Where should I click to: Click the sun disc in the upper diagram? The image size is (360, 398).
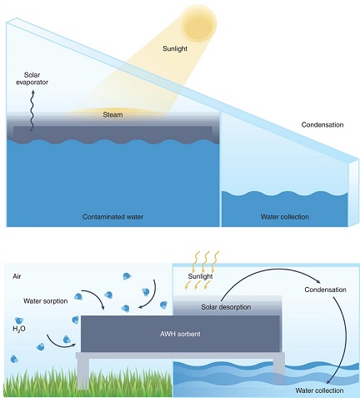199,23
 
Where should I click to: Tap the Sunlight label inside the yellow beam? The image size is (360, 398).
175,48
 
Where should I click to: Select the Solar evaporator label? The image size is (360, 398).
32,78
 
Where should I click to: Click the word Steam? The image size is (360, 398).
112,114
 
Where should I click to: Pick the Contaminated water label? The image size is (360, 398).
112,217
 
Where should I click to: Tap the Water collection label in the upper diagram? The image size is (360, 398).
285,217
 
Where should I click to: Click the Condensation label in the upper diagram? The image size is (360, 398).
322,124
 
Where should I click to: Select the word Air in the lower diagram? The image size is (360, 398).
17,276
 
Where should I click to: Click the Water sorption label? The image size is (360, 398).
46,301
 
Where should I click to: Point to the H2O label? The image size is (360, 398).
19,329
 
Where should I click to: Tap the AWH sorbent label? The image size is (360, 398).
180,334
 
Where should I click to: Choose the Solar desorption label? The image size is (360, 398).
226,307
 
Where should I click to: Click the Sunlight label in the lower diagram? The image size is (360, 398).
200,276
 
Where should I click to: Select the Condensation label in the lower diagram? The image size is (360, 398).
326,290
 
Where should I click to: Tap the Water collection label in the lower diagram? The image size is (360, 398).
319,390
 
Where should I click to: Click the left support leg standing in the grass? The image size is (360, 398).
82,374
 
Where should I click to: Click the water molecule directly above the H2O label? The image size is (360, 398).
19,320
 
